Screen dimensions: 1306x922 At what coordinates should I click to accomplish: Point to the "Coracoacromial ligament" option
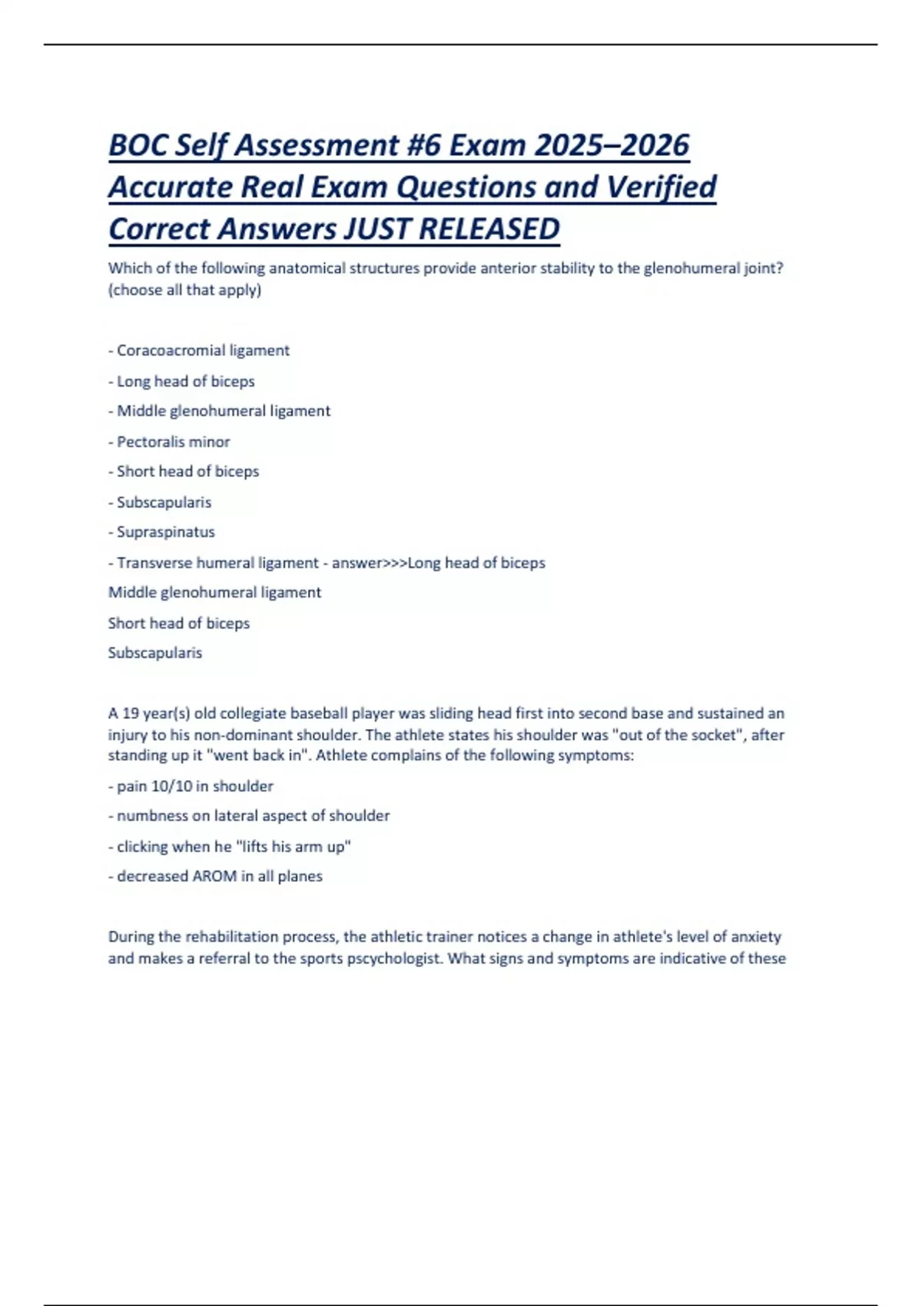click(x=203, y=350)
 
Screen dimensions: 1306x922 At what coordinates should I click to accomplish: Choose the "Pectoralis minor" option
click(x=173, y=442)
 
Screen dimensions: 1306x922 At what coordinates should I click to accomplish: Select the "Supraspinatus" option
click(x=165, y=532)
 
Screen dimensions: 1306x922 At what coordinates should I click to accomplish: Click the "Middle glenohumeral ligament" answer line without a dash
click(x=214, y=592)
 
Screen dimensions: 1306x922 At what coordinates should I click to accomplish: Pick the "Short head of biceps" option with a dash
click(x=187, y=471)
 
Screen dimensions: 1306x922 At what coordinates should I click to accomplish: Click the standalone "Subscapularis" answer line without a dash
click(x=155, y=652)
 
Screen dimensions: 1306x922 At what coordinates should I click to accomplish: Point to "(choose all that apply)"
click(x=184, y=290)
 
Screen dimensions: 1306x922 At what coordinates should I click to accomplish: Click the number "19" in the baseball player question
click(x=131, y=713)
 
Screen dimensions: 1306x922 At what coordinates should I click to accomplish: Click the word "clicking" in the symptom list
click(x=142, y=846)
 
